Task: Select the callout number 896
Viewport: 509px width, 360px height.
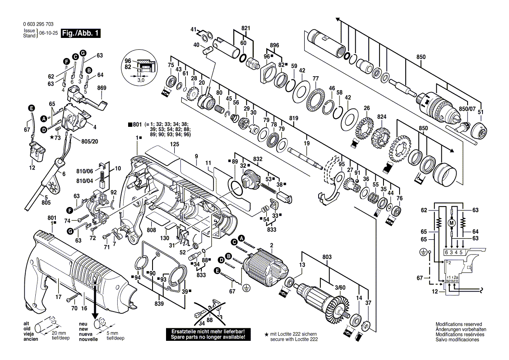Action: pyautogui.click(x=274, y=45)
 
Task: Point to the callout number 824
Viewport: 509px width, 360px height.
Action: pyautogui.click(x=382, y=117)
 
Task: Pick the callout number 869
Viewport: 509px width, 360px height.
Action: pyautogui.click(x=102, y=88)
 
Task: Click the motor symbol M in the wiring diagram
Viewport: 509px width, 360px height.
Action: pyautogui.click(x=452, y=223)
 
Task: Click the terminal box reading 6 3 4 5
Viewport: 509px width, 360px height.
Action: pyautogui.click(x=454, y=252)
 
